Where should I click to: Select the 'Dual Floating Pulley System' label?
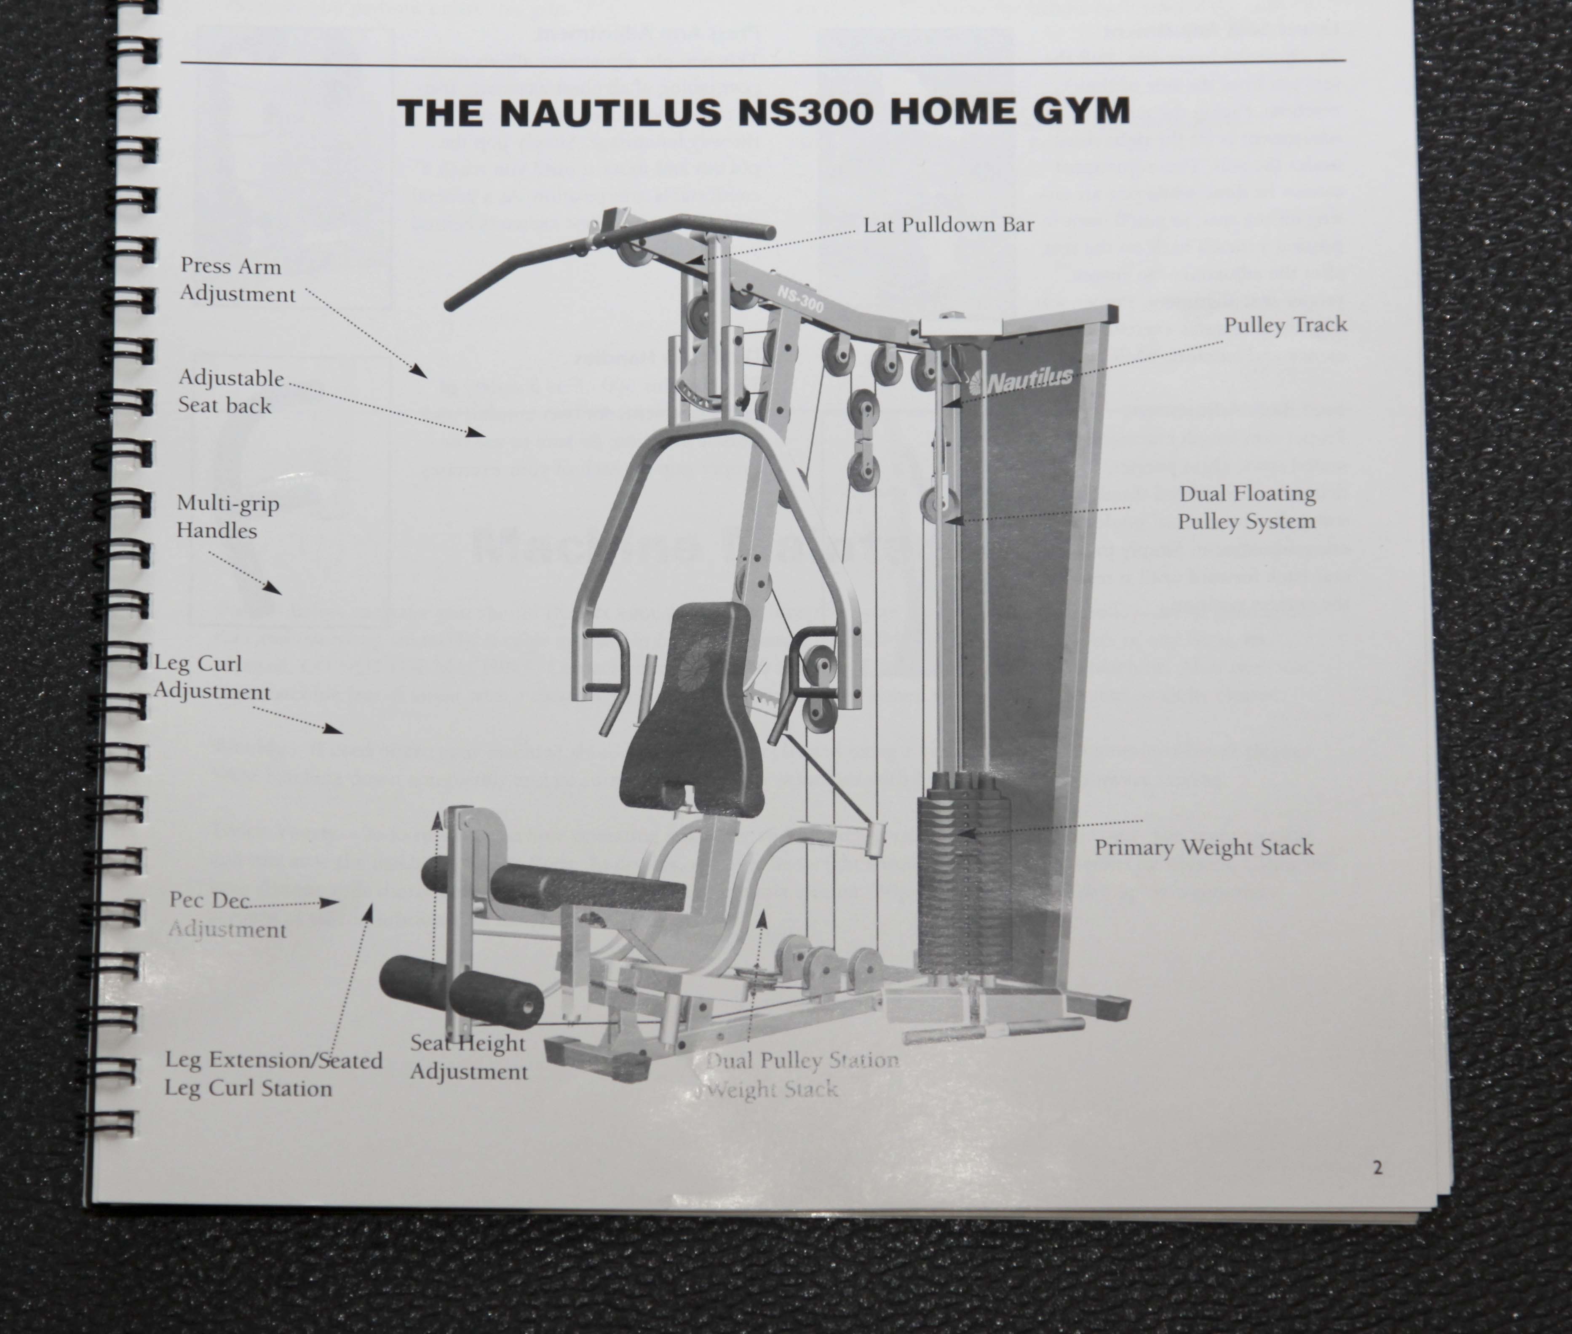pos(1247,507)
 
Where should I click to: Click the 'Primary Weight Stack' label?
pos(1203,847)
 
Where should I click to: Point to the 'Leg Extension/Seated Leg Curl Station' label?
pos(273,1074)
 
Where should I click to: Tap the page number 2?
pos(1377,1168)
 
